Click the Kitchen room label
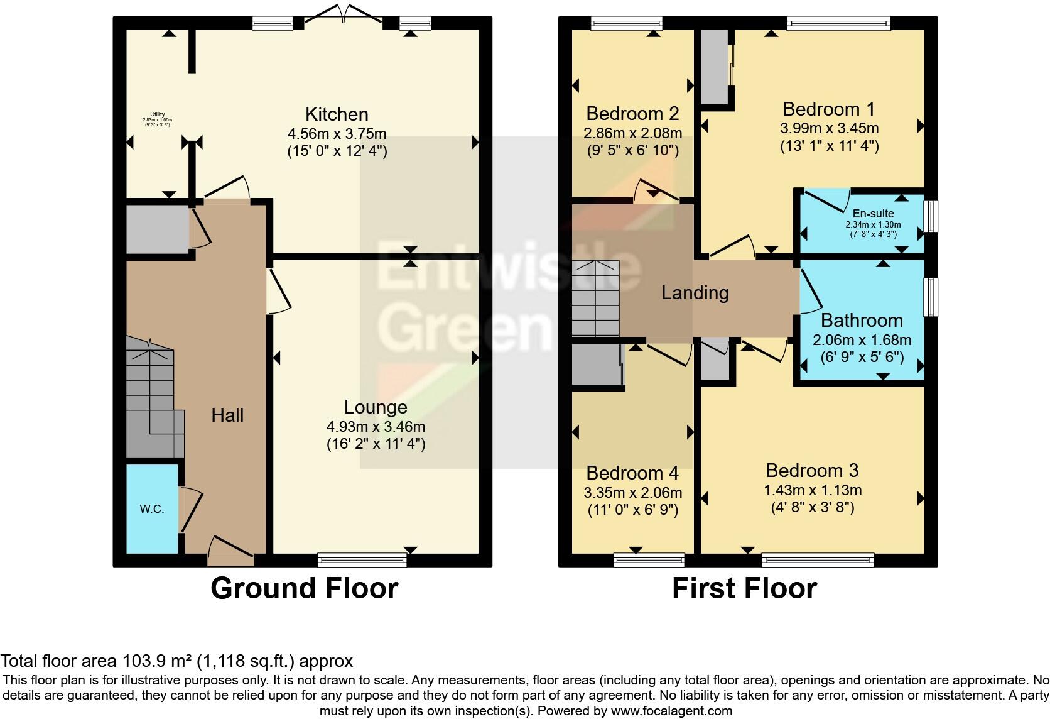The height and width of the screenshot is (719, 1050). (337, 114)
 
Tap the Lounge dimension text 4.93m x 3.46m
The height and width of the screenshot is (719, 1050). (376, 427)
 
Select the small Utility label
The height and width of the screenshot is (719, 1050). (157, 114)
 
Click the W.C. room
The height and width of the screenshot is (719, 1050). (152, 509)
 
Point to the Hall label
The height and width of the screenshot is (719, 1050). (227, 415)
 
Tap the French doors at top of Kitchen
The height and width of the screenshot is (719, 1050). (344, 19)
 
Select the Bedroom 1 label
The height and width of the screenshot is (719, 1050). (829, 109)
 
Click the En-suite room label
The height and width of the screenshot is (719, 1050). (873, 214)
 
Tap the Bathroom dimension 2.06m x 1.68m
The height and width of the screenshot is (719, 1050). (862, 340)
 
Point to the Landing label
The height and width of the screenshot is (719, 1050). (695, 293)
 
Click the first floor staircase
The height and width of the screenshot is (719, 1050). (595, 299)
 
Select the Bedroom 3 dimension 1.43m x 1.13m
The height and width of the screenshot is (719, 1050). (812, 490)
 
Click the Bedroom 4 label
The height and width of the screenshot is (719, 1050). (632, 473)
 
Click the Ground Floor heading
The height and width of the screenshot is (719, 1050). (305, 589)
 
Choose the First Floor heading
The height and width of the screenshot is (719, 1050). (744, 589)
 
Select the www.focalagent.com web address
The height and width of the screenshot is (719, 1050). (671, 711)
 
